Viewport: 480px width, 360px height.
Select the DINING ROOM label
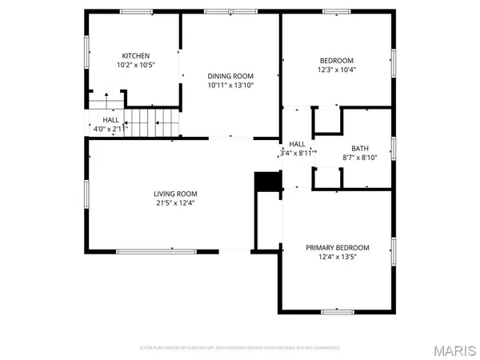(230, 74)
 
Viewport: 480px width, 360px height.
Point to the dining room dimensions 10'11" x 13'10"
(230, 84)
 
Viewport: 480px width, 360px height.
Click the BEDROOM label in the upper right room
(337, 60)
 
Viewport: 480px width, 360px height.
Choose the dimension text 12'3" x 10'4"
(337, 70)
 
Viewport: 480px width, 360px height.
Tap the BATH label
(360, 147)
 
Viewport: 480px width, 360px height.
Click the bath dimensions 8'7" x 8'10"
(360, 157)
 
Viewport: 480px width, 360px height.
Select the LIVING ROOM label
(176, 194)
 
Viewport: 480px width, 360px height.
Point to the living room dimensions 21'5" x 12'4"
(176, 203)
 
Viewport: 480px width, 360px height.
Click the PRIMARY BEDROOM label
(338, 247)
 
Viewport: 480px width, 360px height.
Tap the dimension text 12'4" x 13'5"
(338, 257)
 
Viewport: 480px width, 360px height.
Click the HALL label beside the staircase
(110, 119)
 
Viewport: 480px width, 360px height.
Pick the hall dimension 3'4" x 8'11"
(294, 152)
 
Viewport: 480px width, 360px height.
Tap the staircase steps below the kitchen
(151, 122)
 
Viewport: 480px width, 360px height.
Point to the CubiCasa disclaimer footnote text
(240, 348)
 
